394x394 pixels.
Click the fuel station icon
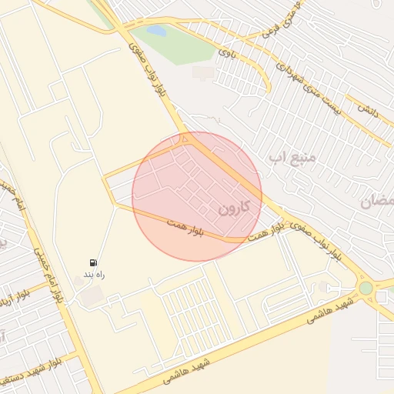tap(94, 262)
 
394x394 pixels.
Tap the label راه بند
tap(94, 274)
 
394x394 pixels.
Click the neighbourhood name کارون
tap(235, 206)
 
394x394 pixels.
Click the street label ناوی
tap(225, 52)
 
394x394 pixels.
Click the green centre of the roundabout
tap(366, 289)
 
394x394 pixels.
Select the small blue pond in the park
tap(157, 32)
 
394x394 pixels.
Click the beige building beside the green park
tap(204, 72)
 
